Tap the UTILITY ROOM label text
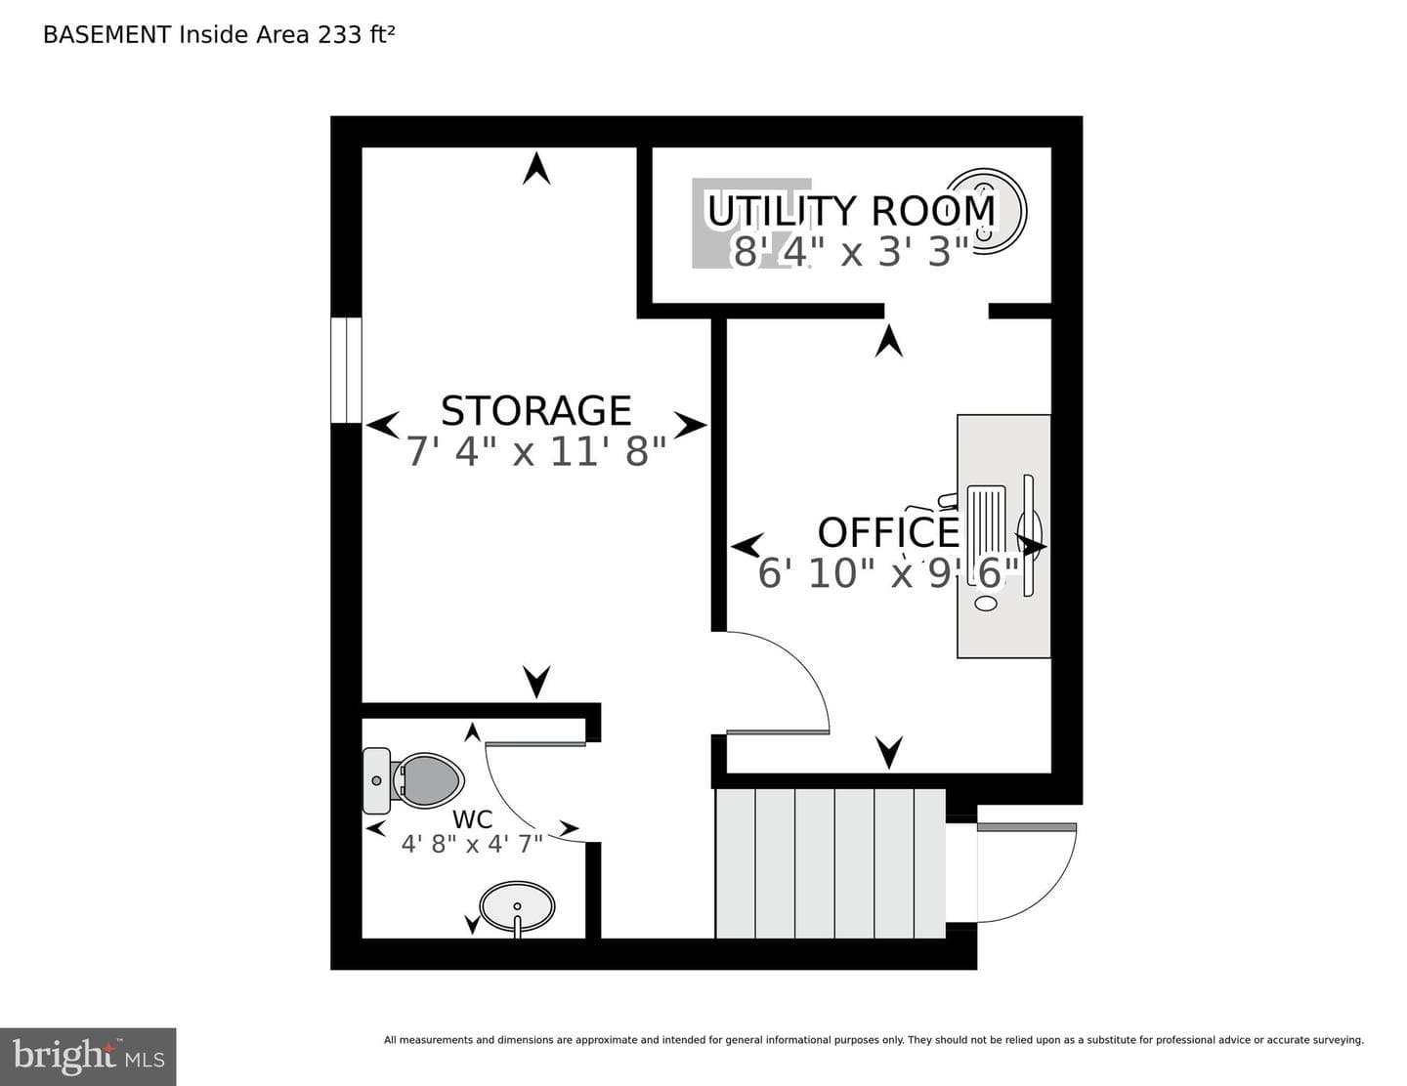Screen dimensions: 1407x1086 [x=851, y=210]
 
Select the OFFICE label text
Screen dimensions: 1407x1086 [x=888, y=532]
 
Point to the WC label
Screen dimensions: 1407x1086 [x=472, y=819]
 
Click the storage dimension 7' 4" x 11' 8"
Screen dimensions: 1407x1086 [x=535, y=451]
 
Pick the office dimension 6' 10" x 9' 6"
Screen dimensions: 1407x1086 [x=888, y=573]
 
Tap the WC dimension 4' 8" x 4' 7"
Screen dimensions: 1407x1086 [x=472, y=844]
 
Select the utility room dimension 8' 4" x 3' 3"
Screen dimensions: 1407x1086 [x=851, y=251]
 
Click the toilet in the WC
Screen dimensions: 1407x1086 [x=412, y=780]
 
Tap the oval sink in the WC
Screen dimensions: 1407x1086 [x=517, y=906]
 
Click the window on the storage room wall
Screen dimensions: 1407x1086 [x=346, y=369]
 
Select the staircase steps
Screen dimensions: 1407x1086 [x=830, y=862]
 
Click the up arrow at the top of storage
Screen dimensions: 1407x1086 [x=536, y=168]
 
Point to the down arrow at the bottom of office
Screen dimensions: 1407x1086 [x=889, y=753]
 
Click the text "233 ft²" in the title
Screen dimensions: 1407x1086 [x=356, y=34]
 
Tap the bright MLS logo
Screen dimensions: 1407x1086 [x=88, y=1057]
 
